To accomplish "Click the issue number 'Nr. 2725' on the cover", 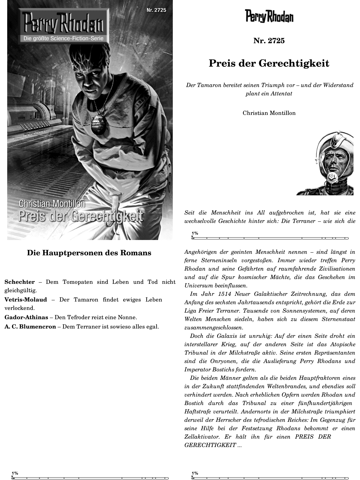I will coord(156,10).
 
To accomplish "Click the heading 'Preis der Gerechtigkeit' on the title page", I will coord(269,63).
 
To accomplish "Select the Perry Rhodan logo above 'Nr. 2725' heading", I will coord(269,16).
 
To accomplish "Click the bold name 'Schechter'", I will coord(19,282).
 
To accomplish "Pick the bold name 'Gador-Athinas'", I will coord(26,317).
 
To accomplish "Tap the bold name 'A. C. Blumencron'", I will coord(30,326).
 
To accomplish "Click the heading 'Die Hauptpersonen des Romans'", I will coord(89,253).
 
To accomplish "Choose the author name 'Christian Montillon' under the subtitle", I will coord(269,113).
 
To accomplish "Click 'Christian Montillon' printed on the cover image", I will coord(52,203).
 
